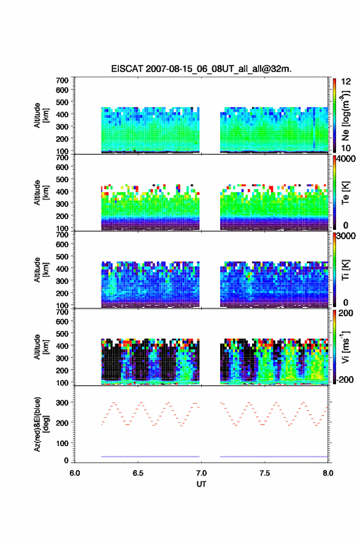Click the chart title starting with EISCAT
[x=201, y=69]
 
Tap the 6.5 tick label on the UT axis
[x=137, y=473]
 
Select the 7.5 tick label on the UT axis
[x=264, y=473]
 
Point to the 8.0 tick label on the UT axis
[x=327, y=473]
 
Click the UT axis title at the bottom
[x=201, y=484]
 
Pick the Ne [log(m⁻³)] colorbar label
[x=345, y=116]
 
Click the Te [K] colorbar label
[x=345, y=193]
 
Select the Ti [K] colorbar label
[x=345, y=269]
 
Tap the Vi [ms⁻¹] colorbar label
[x=345, y=347]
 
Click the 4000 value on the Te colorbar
[x=347, y=159]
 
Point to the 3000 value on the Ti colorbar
[x=347, y=236]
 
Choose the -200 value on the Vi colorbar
[x=345, y=380]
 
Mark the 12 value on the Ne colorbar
[x=347, y=82]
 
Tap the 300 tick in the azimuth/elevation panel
[x=63, y=403]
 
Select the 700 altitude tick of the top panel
[x=63, y=80]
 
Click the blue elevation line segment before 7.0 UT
[x=150, y=457]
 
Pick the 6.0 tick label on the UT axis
[x=75, y=473]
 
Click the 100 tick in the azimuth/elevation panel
[x=63, y=443]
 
